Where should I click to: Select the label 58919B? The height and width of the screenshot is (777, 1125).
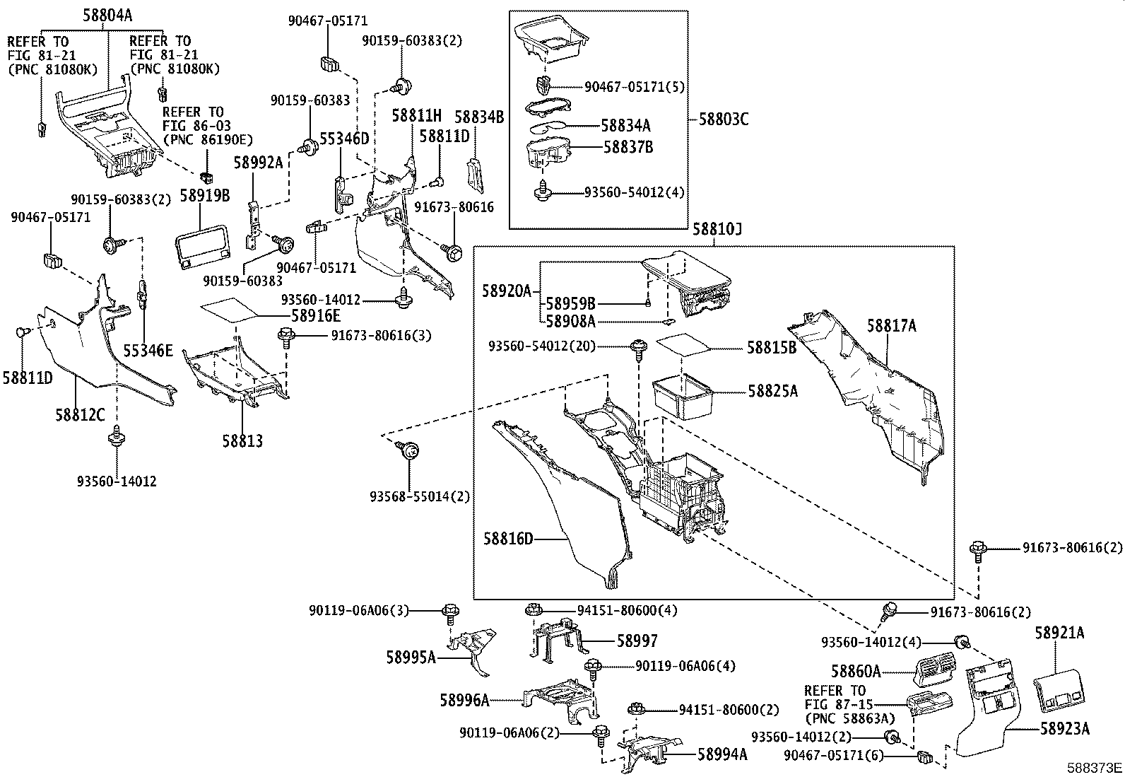point(206,195)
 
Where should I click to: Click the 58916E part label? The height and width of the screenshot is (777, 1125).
point(316,316)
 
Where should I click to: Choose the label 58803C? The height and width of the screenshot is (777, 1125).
point(724,119)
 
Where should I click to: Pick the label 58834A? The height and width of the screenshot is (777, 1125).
point(625,126)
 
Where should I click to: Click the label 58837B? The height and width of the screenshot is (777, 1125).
point(628,147)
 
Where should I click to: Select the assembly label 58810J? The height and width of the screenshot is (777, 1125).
point(717,229)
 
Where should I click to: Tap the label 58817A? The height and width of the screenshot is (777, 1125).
point(892,326)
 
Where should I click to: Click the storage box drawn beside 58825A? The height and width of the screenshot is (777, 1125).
point(683,396)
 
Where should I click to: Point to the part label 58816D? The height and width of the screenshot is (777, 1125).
point(508,539)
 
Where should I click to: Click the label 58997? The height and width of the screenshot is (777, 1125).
point(637,641)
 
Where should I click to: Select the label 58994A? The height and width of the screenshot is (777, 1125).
point(722,754)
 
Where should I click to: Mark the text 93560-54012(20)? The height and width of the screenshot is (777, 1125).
point(541,346)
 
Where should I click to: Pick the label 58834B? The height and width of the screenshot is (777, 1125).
point(479,117)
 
